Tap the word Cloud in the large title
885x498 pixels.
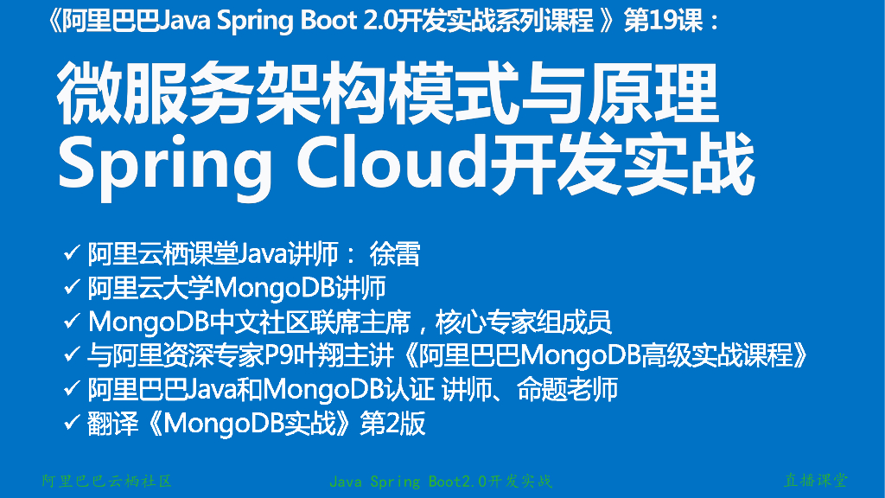[x=388, y=163]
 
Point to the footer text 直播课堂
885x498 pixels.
[x=815, y=480]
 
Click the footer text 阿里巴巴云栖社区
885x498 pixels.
[x=107, y=481]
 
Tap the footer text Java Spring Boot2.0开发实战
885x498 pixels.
[x=441, y=481]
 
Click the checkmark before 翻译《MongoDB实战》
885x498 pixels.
[x=73, y=423]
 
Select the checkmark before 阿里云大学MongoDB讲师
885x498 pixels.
[x=73, y=288]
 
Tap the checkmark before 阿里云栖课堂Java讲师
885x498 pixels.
[x=73, y=254]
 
